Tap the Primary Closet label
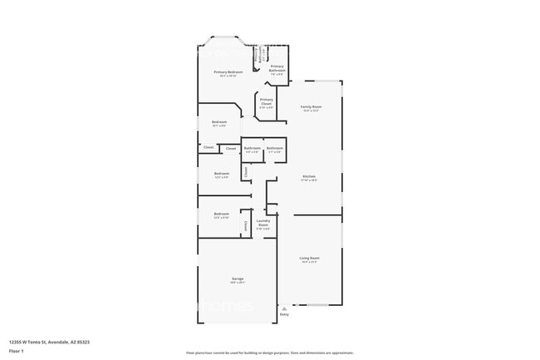pyautogui.click(x=266, y=100)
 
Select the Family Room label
pyautogui.click(x=311, y=106)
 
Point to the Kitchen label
pyautogui.click(x=308, y=176)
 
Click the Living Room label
pyautogui.click(x=309, y=258)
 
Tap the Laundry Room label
pyautogui.click(x=263, y=223)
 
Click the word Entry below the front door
pyautogui.click(x=284, y=314)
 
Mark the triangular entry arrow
pyautogui.click(x=284, y=308)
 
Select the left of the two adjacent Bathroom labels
pyautogui.click(x=252, y=148)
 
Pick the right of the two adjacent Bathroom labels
pyautogui.click(x=274, y=148)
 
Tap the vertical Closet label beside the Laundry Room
pyautogui.click(x=245, y=225)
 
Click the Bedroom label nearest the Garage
pyautogui.click(x=221, y=214)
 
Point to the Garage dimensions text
pyautogui.click(x=238, y=283)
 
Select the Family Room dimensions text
pyautogui.click(x=311, y=111)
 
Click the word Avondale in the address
pyautogui.click(x=58, y=341)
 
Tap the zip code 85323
pyautogui.click(x=84, y=341)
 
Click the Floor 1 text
pyautogui.click(x=17, y=351)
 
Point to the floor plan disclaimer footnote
pyautogui.click(x=269, y=353)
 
